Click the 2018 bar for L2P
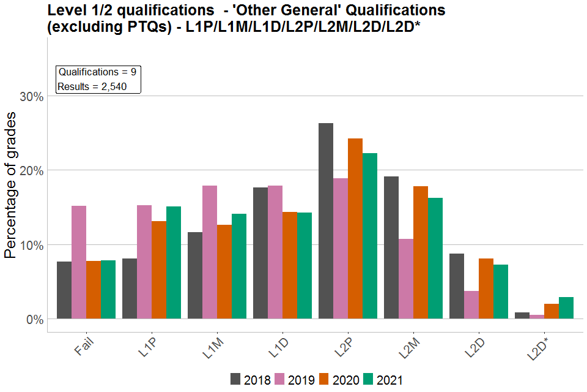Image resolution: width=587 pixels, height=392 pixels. (326, 221)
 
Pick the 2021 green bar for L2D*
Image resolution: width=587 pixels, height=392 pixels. (566, 308)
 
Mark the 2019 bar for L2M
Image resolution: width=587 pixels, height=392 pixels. (471, 279)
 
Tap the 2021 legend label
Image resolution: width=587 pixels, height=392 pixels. (389, 380)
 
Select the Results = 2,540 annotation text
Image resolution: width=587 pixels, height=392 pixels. (92, 86)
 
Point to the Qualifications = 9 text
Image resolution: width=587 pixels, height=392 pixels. (97, 72)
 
